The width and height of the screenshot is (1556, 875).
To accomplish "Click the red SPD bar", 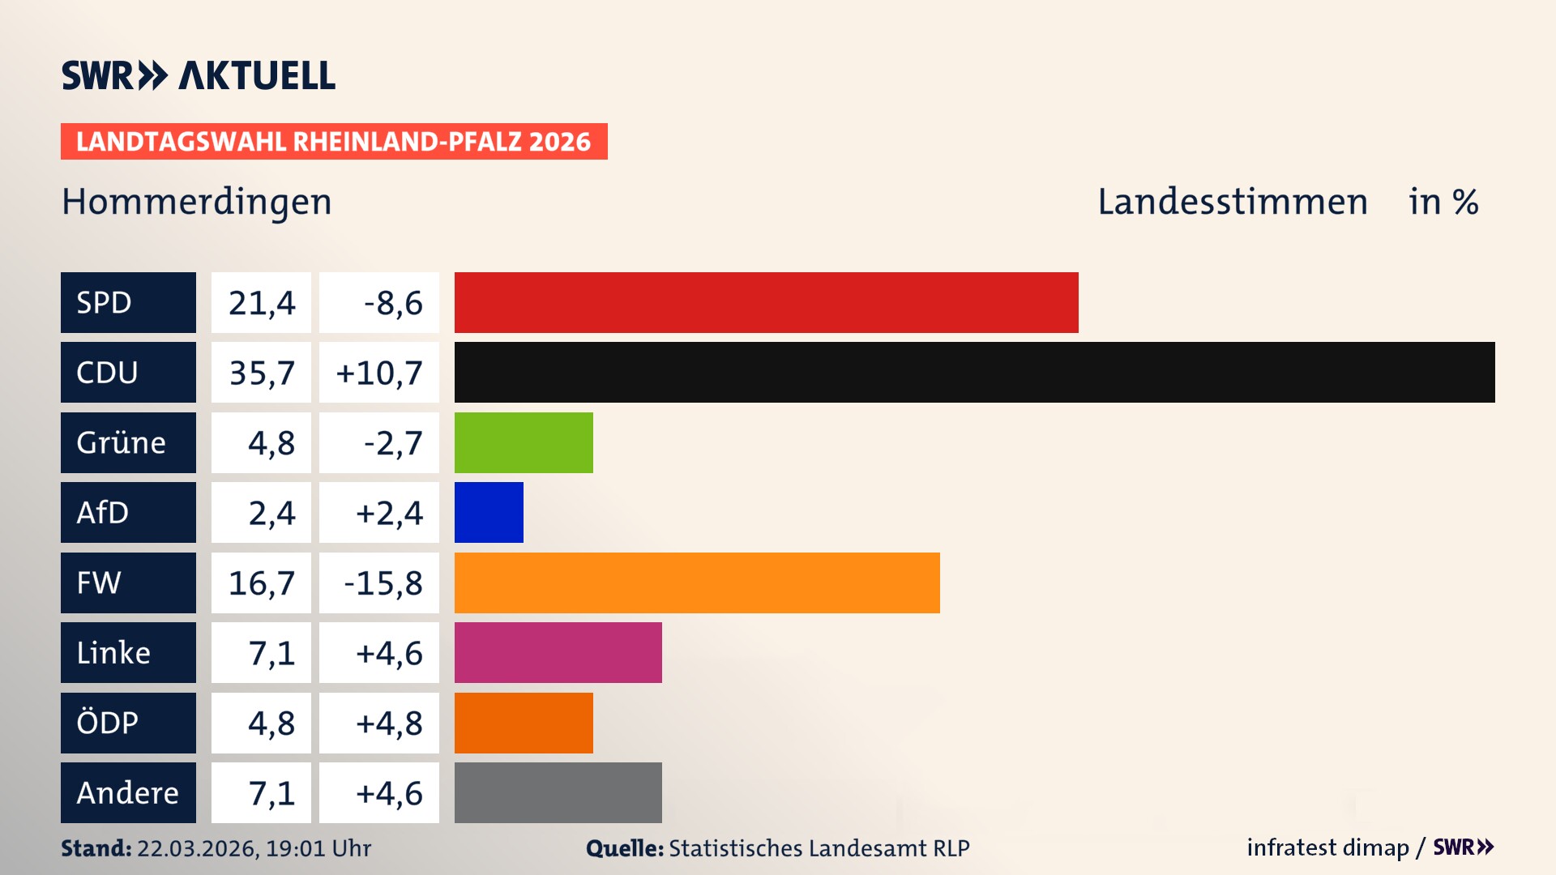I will click(766, 302).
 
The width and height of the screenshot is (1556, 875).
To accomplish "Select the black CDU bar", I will click(974, 372).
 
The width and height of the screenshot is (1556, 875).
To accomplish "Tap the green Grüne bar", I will click(524, 442).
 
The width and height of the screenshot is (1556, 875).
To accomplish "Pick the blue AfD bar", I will click(489, 512).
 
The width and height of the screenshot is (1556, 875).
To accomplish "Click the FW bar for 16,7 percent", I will click(697, 583).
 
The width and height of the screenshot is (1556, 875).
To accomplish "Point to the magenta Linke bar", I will click(558, 652).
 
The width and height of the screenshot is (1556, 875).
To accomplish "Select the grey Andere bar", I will click(558, 792).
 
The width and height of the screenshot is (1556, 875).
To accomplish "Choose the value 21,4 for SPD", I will click(261, 302).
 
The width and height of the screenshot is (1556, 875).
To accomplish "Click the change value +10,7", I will click(379, 373).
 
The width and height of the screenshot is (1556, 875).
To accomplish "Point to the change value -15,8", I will click(383, 583).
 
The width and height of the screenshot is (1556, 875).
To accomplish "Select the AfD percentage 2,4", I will click(271, 513).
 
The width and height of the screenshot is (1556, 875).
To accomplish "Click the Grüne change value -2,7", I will click(392, 443).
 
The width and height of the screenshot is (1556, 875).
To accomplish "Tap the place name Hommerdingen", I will click(197, 202).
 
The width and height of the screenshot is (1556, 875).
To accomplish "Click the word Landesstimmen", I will click(1232, 202).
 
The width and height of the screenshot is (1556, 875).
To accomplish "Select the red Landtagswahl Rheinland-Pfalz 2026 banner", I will click(334, 141).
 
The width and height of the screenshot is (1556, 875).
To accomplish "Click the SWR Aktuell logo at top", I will click(199, 75).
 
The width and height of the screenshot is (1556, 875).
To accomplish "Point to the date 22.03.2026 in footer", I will click(196, 848).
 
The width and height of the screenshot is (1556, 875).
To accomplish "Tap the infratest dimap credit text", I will click(1327, 847).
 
